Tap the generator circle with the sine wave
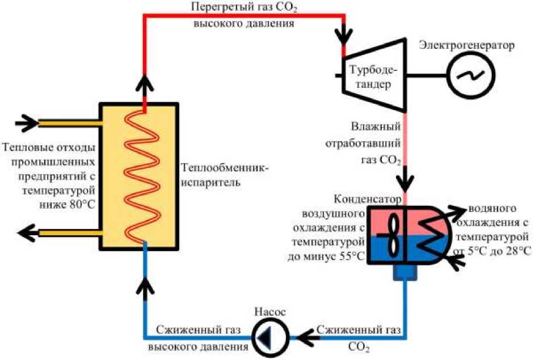(470, 75)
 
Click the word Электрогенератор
(466, 45)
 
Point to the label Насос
(269, 312)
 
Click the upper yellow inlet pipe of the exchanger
(68, 122)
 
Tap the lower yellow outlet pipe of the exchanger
(68, 232)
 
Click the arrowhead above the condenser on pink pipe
(406, 183)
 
